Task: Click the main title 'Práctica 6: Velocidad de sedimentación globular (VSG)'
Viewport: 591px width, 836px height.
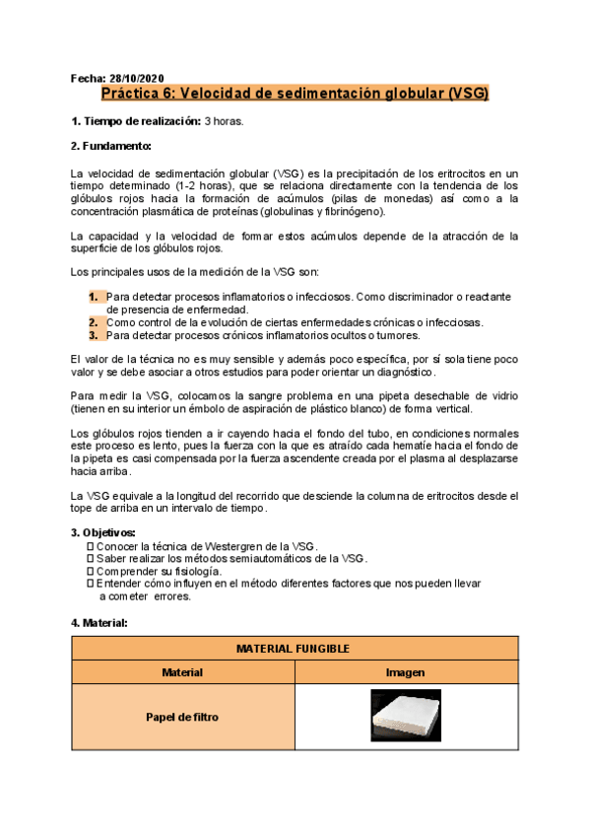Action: [x=295, y=95]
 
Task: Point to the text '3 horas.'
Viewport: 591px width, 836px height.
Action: [x=224, y=121]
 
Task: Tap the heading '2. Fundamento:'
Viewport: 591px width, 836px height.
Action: [x=111, y=146]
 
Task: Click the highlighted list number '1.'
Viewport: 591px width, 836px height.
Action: [x=93, y=297]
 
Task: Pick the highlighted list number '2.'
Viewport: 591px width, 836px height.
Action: [x=93, y=321]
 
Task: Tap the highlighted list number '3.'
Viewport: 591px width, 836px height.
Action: [x=93, y=334]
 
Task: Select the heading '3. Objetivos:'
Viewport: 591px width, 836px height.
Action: [x=108, y=532]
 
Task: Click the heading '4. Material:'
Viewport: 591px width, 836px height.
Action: [x=105, y=623]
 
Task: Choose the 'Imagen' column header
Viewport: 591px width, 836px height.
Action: [x=406, y=672]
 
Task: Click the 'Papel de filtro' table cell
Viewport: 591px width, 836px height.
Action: [x=182, y=717]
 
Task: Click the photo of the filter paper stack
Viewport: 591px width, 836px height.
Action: [x=406, y=716]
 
